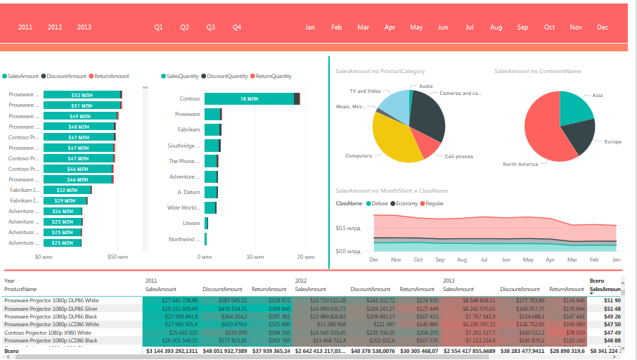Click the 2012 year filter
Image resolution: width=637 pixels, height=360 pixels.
pyautogui.click(x=55, y=27)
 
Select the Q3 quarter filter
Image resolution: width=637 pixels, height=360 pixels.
pyautogui.click(x=211, y=27)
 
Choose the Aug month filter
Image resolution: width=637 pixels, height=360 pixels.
pyautogui.click(x=496, y=27)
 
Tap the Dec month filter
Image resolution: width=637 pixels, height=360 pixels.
pyautogui.click(x=603, y=27)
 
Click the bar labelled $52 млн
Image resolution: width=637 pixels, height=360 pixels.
pyautogui.click(x=82, y=95)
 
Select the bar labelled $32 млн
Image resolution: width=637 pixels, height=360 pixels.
pyautogui.click(x=67, y=190)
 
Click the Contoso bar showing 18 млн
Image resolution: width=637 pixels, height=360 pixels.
pyautogui.click(x=249, y=99)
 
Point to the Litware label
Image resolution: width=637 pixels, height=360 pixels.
pyautogui.click(x=191, y=223)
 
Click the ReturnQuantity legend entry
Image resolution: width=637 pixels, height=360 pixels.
pyautogui.click(x=272, y=76)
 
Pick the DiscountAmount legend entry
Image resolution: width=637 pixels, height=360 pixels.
pyautogui.click(x=66, y=76)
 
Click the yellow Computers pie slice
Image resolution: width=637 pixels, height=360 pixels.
pyautogui.click(x=397, y=141)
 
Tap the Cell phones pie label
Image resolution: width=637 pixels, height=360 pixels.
pyautogui.click(x=458, y=157)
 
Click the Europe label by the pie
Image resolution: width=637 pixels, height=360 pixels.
pyautogui.click(x=612, y=142)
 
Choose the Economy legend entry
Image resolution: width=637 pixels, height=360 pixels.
pyautogui.click(x=406, y=203)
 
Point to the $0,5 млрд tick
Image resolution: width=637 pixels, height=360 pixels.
pyautogui.click(x=349, y=228)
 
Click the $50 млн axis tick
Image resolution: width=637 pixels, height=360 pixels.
pyautogui.click(x=117, y=257)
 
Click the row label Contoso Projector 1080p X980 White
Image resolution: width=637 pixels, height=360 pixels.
pyautogui.click(x=48, y=332)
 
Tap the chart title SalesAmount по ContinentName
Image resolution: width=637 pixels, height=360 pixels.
pyautogui.click(x=537, y=71)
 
